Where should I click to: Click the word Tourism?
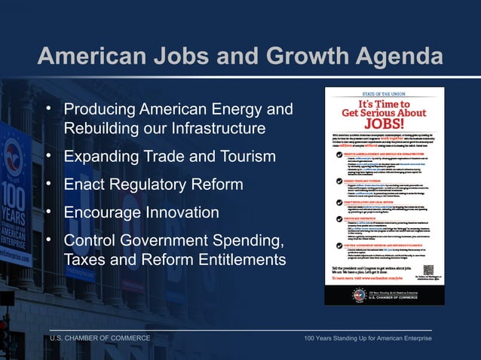(245, 157)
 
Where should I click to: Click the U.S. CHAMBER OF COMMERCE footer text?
(100, 338)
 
